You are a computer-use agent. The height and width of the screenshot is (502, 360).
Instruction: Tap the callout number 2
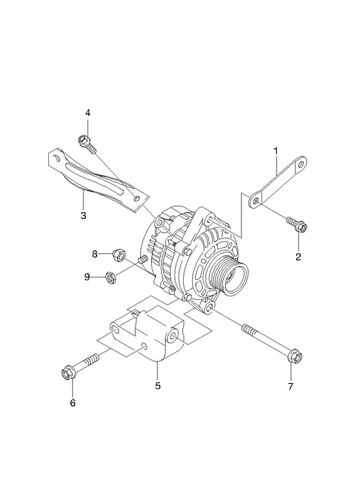(x=299, y=257)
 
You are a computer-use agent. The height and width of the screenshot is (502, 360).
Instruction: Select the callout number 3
(x=83, y=215)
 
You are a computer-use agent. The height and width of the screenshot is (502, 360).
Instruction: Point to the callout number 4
(x=88, y=113)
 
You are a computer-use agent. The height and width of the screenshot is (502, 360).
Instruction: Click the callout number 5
(x=158, y=386)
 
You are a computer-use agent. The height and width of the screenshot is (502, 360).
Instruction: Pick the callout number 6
(x=73, y=403)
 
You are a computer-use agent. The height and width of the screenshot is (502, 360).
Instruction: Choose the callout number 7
(x=290, y=387)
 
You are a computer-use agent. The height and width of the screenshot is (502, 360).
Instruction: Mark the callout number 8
(x=95, y=254)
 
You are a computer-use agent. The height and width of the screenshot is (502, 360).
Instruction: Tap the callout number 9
(x=87, y=277)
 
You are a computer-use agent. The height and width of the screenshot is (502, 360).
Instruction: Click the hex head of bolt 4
(x=83, y=139)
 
